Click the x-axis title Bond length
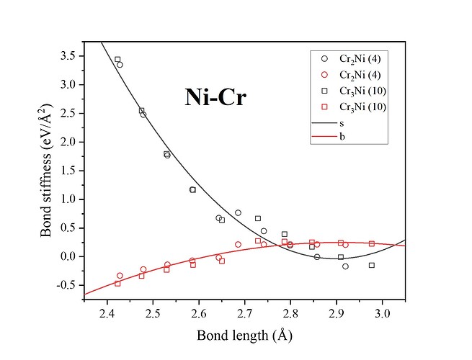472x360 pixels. click(x=246, y=336)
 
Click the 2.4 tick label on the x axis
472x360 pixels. click(x=107, y=313)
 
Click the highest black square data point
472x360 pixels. click(x=117, y=59)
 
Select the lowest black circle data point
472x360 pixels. click(x=345, y=266)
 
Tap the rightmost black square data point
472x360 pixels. click(x=372, y=265)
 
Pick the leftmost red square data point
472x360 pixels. click(x=117, y=284)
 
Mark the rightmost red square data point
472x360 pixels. click(x=372, y=243)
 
